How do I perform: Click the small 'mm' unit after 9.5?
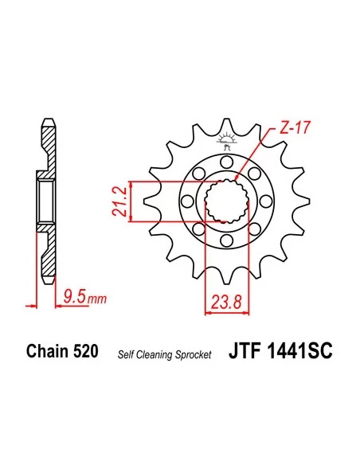[x=96, y=301]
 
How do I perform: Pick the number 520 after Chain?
[x=86, y=351]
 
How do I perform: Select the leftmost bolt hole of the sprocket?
[x=191, y=201]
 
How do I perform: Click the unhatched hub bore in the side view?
[x=47, y=201]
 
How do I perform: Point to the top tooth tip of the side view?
[x=47, y=123]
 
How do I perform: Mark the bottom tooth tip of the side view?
[x=47, y=279]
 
